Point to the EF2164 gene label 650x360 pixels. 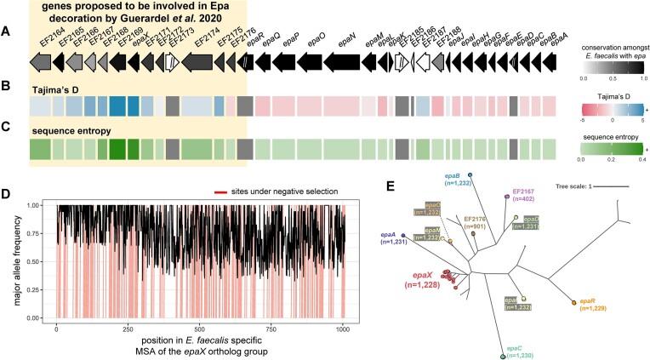(39, 35)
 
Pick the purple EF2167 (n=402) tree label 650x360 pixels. (525, 197)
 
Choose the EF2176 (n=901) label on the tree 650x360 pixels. (478, 223)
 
